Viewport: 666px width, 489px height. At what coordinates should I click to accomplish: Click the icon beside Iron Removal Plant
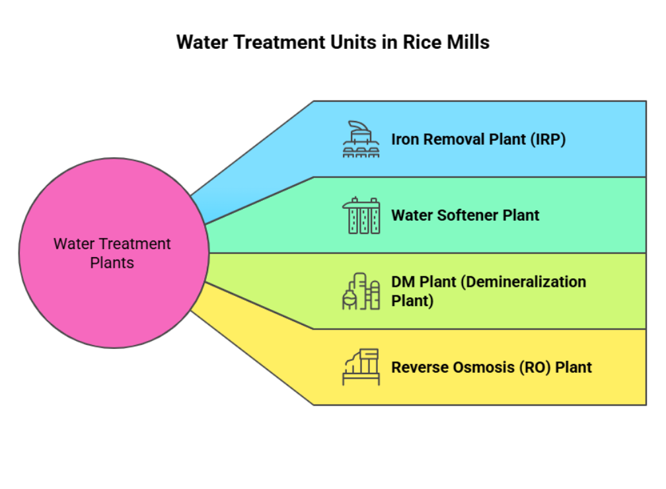click(361, 139)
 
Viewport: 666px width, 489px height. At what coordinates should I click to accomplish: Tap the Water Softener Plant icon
click(361, 215)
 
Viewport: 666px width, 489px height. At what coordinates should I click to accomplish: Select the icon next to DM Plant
click(361, 291)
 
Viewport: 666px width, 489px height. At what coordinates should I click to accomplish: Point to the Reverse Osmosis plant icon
click(361, 367)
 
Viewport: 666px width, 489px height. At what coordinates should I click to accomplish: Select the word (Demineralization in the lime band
click(523, 282)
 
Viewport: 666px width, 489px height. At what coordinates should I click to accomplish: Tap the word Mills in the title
click(470, 43)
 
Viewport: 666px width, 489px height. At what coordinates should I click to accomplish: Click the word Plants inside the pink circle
click(112, 263)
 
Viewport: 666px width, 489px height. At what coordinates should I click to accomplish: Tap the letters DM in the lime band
click(402, 282)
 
